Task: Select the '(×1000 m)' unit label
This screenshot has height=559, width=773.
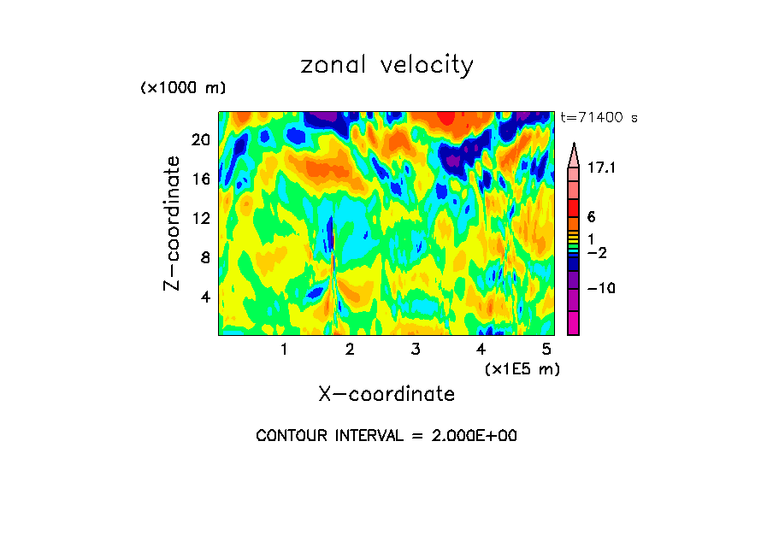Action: [x=183, y=89]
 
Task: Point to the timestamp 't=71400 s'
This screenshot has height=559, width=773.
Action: [x=599, y=118]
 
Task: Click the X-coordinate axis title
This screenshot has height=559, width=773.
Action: [x=386, y=394]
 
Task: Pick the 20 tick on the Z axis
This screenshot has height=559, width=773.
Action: [x=200, y=140]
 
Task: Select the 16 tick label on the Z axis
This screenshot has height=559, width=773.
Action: [x=200, y=179]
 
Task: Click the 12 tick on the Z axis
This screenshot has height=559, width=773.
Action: [x=200, y=218]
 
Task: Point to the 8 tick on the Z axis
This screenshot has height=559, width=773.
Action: [x=205, y=257]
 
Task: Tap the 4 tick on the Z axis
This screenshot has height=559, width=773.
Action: [x=205, y=297]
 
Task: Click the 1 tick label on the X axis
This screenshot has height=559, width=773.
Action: [x=284, y=349]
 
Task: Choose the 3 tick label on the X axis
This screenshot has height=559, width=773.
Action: [x=415, y=349]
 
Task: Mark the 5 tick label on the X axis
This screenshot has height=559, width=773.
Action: [x=546, y=349]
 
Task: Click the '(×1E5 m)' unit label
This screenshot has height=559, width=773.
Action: [x=522, y=368]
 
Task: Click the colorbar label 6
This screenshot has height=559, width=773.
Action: [x=591, y=217]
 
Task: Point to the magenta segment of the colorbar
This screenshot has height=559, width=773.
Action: [x=573, y=322]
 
